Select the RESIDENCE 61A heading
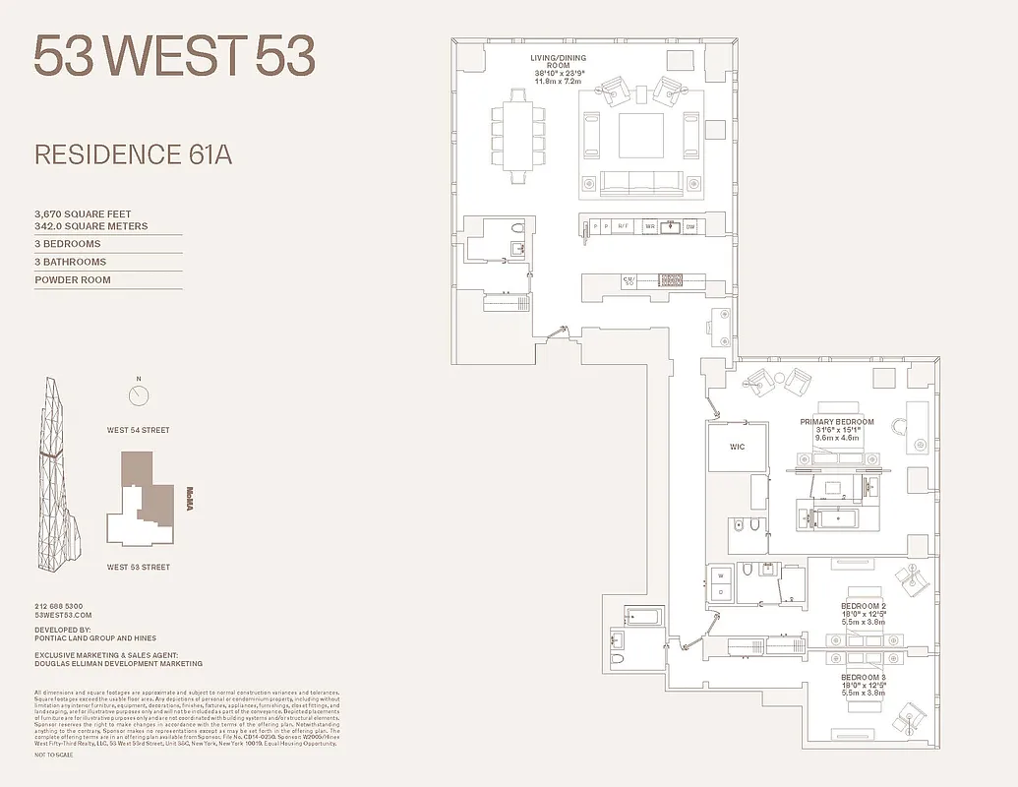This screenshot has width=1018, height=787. coord(133,154)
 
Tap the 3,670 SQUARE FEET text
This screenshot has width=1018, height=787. coord(83,213)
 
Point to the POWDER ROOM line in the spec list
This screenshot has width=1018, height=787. coord(73,280)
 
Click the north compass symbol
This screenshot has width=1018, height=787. coord(139,395)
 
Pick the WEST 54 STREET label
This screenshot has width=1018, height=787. coord(139,430)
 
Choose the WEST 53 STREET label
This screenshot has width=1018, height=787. coord(139,567)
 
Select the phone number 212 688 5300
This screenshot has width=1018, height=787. coord(59,606)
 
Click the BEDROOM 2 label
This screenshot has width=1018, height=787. coord(863,605)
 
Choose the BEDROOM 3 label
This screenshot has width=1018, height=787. coord(863,678)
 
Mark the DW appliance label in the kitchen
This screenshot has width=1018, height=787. coord(690,227)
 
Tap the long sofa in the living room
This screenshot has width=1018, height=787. coord(640,182)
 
